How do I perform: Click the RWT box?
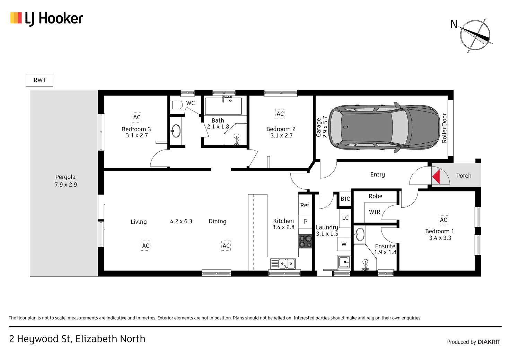point(39,80)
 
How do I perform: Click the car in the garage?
point(385,127)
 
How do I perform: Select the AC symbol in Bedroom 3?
point(137,117)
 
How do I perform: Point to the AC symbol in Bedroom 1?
point(443,220)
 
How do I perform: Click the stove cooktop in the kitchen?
point(305,241)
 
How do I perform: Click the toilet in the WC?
point(176,105)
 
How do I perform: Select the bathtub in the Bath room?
point(223,106)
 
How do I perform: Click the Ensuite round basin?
point(360,234)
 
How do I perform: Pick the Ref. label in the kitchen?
point(305,205)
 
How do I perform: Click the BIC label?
point(345,199)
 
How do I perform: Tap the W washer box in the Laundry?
point(344,244)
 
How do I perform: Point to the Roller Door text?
point(444,128)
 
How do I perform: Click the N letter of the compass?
point(454,24)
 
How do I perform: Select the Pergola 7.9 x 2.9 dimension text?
point(66,184)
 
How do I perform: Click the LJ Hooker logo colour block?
point(16,18)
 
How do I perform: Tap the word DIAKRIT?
point(489,342)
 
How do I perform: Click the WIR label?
point(375,212)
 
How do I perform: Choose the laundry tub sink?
point(344,262)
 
